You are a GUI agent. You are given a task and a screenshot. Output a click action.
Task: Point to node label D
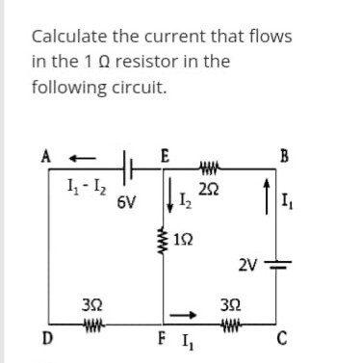tap(45, 337)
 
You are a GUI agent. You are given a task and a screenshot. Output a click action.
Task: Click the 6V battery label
tap(125, 205)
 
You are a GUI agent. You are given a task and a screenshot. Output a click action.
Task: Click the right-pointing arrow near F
tap(190, 312)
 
